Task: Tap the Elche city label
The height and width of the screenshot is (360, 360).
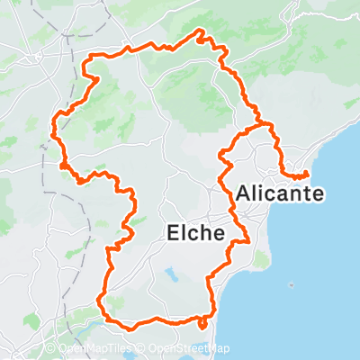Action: (195, 233)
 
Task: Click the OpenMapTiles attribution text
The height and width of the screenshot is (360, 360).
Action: (96, 349)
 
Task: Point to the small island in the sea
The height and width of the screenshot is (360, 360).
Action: (292, 285)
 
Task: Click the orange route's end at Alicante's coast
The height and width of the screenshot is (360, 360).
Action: (307, 174)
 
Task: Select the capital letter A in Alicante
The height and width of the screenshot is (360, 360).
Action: (245, 193)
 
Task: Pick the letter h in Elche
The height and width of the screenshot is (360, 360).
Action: (204, 233)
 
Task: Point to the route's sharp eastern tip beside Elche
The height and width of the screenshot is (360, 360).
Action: (247, 241)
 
